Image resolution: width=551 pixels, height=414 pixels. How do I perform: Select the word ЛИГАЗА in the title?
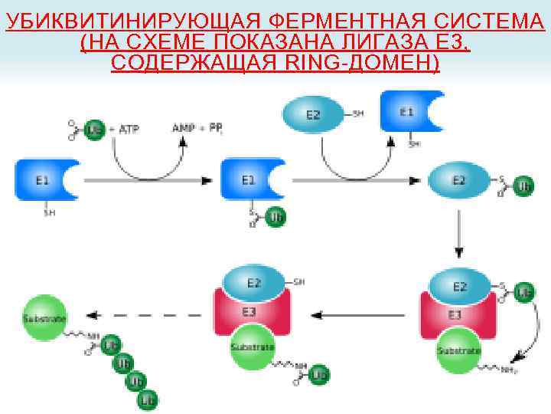coord(366,41)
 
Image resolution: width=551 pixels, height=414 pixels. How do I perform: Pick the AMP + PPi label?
coord(197,128)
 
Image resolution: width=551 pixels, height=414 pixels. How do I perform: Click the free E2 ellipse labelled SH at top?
coord(314,115)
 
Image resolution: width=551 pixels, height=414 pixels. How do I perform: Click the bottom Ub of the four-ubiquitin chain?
coord(148,399)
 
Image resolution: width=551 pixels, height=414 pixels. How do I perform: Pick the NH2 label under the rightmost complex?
coord(510,371)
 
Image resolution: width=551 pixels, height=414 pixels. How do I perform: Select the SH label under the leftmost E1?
coord(48,213)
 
